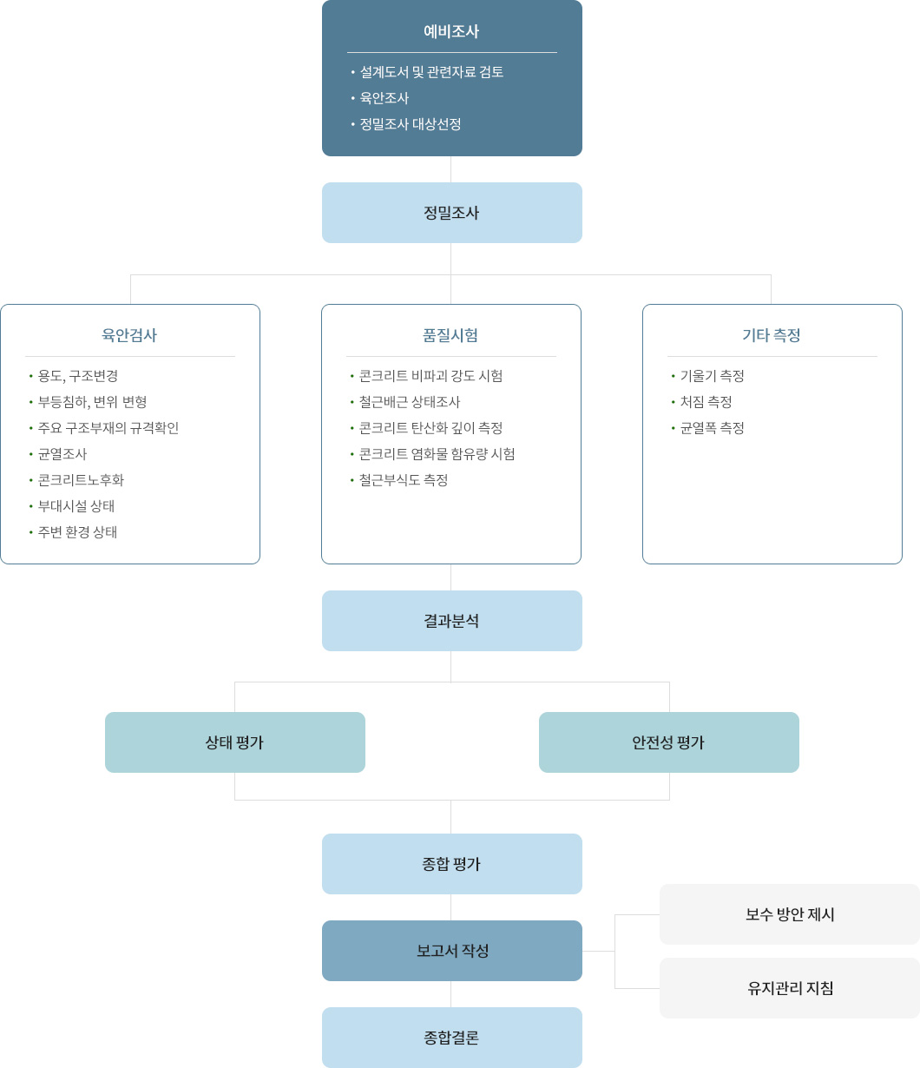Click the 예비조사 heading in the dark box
[x=451, y=31]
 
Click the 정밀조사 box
[x=451, y=213]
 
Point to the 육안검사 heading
[x=129, y=335]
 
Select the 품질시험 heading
[x=450, y=335]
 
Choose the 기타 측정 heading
[x=772, y=335]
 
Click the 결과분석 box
[x=451, y=621]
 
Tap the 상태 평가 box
[x=235, y=742]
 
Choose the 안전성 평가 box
[x=669, y=742]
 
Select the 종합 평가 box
[x=451, y=864]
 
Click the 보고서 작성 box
[x=451, y=951]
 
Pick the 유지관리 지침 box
[x=790, y=988]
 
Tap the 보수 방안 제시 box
[x=790, y=914]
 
